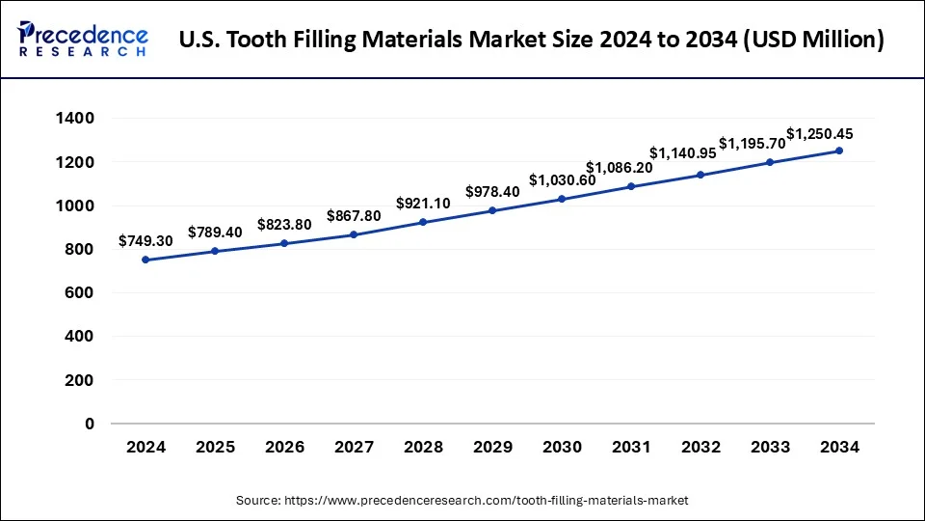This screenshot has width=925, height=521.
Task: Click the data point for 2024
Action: tap(145, 260)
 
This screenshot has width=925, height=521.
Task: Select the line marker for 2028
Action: tap(423, 223)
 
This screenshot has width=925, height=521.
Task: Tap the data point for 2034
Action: tap(839, 151)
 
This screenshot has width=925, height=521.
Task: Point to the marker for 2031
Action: tap(631, 186)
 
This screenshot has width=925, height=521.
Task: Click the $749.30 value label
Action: tap(145, 240)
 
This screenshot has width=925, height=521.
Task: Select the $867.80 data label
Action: tap(354, 215)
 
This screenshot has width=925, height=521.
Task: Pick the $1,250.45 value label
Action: tap(820, 134)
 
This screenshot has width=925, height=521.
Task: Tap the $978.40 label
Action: tap(492, 191)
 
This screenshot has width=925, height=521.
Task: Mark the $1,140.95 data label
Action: tap(683, 152)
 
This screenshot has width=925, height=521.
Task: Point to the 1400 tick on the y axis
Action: tap(75, 119)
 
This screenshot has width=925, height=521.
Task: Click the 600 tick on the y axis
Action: tap(81, 293)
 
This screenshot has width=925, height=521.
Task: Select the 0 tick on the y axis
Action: tap(89, 424)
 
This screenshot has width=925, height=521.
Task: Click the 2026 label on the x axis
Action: tap(284, 447)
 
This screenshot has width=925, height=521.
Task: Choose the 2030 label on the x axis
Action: tap(562, 447)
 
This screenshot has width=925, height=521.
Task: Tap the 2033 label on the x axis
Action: tap(770, 447)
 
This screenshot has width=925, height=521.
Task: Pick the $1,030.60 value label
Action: tap(563, 179)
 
